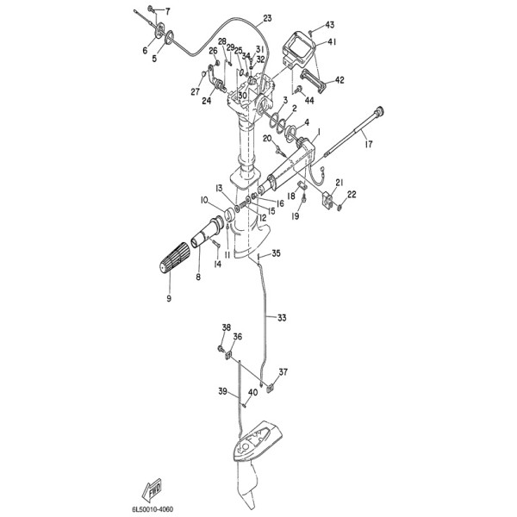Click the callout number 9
(x=169, y=298)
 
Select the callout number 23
(x=266, y=18)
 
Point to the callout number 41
(x=332, y=41)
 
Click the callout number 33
(x=283, y=318)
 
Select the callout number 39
(x=221, y=391)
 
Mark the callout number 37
(x=283, y=372)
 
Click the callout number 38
(x=227, y=327)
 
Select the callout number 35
(x=276, y=253)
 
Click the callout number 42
(x=339, y=80)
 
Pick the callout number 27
(x=196, y=91)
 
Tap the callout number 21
(x=339, y=183)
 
